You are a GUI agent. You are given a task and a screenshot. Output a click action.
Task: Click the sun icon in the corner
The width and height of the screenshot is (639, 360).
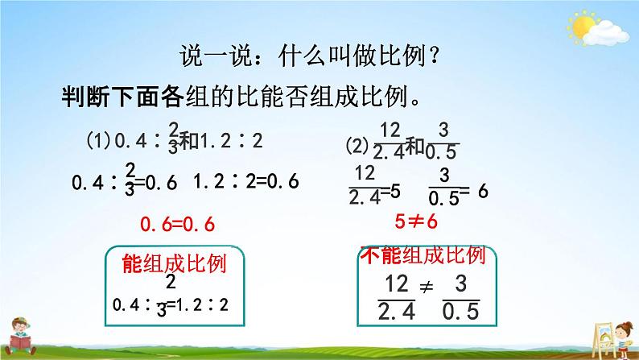tap(582, 27)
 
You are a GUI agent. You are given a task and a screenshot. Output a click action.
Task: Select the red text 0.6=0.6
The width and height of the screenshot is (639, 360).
tap(177, 224)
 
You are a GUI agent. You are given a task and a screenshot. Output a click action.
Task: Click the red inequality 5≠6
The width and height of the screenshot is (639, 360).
tap(416, 221)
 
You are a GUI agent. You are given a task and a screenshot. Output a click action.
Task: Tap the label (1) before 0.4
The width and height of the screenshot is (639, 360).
tap(98, 141)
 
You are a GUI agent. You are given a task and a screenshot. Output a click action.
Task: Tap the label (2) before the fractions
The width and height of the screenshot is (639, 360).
tap(357, 146)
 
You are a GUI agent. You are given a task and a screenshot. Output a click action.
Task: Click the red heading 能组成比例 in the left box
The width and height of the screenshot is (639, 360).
tap(174, 264)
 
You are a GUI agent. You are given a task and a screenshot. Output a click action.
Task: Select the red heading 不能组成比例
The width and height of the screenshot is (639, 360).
tap(423, 255)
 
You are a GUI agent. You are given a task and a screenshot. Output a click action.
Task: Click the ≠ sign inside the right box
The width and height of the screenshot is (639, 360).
tap(427, 288)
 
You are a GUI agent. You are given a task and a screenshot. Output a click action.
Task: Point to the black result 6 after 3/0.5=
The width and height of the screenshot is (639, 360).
tap(483, 190)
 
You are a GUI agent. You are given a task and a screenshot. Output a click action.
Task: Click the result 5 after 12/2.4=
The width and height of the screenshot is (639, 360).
tap(395, 191)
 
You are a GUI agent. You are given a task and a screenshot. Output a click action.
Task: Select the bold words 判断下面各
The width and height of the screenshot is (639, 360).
tap(122, 97)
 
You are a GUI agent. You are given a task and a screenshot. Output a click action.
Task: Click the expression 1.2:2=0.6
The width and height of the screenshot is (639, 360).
tap(246, 181)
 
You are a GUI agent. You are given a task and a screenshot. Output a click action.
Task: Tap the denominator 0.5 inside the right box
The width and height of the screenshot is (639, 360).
tap(461, 312)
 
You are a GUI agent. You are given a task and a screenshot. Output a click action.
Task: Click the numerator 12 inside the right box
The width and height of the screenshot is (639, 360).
tap(397, 283)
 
